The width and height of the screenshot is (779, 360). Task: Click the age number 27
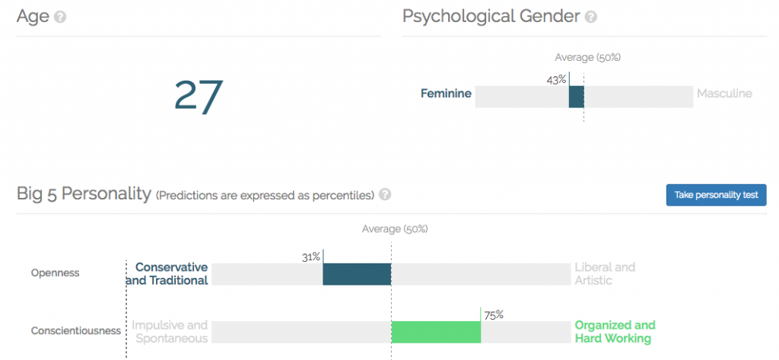point(198,96)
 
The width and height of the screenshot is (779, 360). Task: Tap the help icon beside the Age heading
point(60,16)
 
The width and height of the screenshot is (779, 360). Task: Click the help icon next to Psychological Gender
point(591,16)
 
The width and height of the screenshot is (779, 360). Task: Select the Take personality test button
point(716,195)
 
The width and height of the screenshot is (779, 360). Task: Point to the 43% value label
point(556,79)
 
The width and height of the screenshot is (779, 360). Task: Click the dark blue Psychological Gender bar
point(576,97)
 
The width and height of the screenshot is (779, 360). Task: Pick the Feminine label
point(446,94)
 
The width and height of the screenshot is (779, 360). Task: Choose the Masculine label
point(724,94)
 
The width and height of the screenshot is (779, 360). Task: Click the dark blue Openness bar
point(357,274)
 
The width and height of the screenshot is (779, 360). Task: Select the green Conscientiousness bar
point(436,332)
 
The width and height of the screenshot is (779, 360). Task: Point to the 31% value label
point(310,257)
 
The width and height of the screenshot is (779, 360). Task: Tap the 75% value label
point(494,314)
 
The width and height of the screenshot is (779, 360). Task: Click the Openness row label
point(55,272)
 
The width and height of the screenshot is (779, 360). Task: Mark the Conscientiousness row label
point(76,330)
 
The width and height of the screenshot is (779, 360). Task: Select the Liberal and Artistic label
point(605,274)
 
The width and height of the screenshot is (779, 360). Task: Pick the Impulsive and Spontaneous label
point(170,332)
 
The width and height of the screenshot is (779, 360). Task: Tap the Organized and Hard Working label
point(615,332)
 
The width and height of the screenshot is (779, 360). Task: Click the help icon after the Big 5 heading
point(385,194)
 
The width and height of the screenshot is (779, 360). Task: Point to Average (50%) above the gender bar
point(583,57)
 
